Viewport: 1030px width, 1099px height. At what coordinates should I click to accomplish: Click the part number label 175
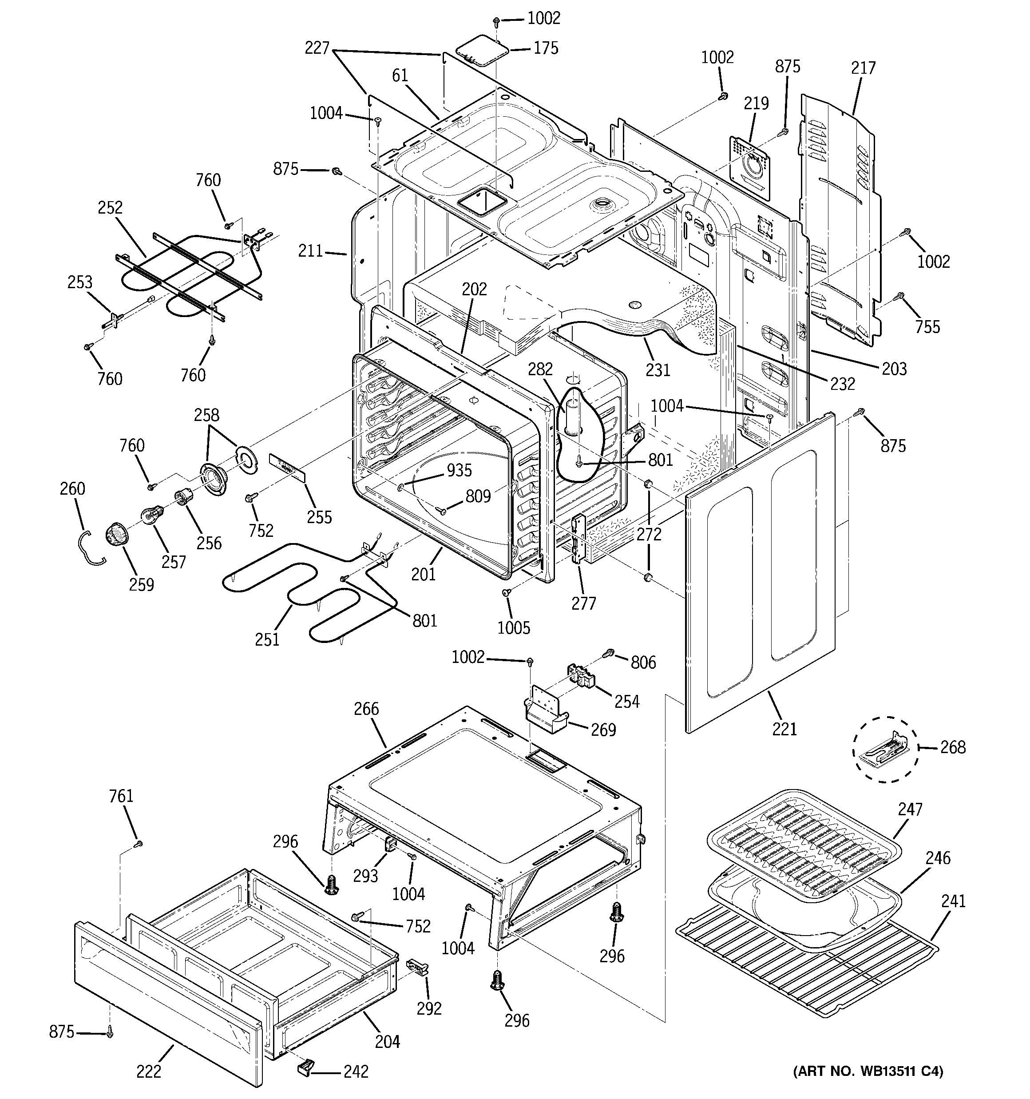point(546,49)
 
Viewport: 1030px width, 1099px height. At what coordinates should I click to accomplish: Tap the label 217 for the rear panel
point(863,68)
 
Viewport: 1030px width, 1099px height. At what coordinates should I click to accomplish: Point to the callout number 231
point(658,369)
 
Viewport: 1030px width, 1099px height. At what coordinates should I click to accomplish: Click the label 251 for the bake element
point(267,639)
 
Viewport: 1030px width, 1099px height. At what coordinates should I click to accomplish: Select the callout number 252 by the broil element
point(110,208)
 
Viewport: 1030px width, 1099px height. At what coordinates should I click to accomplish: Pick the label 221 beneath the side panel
point(784,729)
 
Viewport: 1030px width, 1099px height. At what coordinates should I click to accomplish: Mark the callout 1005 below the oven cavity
point(514,627)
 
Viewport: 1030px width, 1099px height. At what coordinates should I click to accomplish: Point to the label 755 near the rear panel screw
point(927,327)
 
